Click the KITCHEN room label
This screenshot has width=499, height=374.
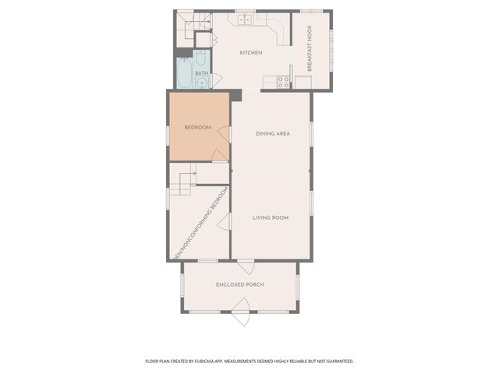(x=250, y=53)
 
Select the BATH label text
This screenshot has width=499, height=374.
(x=201, y=73)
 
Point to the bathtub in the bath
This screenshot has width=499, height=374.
(x=184, y=72)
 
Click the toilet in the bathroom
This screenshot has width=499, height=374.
(x=201, y=58)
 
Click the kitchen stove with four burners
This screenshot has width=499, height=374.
(x=284, y=80)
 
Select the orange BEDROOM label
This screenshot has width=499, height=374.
(x=197, y=128)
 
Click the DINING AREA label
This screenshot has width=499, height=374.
(x=273, y=133)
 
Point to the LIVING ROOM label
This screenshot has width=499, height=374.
(x=271, y=217)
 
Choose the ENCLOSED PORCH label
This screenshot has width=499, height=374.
(x=239, y=285)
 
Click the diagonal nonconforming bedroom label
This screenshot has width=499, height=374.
(x=200, y=224)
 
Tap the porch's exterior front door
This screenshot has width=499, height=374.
(x=240, y=317)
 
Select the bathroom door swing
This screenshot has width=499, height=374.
(x=217, y=79)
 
